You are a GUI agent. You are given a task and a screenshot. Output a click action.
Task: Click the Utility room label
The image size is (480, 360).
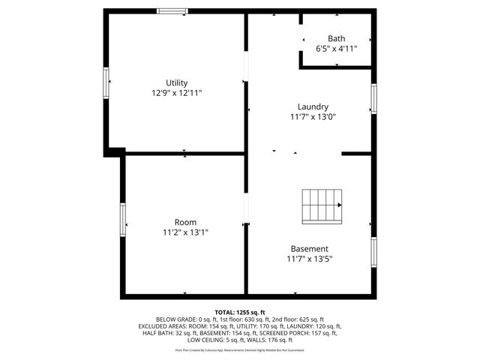tap(177, 82)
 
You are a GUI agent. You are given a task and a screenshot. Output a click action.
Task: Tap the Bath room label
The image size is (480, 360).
tap(336, 38)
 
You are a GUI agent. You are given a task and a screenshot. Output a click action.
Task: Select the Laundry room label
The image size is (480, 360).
tap(312, 106)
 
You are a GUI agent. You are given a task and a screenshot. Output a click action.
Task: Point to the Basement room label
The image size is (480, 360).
tap(309, 248)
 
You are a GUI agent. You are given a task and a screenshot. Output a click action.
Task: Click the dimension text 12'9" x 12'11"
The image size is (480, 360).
tap(177, 93)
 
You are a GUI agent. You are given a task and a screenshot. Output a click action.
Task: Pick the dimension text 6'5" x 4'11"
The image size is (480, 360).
tap(336, 49)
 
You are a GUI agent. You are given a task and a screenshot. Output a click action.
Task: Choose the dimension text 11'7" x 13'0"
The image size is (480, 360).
tap(312, 117)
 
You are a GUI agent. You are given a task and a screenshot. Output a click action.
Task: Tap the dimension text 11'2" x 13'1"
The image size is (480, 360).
tap(185, 232)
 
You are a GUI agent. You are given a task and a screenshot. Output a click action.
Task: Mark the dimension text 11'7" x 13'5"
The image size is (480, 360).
tap(309, 259)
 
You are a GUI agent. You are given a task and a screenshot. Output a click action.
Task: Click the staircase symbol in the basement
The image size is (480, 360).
tap(321, 205)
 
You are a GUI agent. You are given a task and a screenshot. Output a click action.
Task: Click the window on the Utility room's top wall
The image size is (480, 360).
tap(172, 10)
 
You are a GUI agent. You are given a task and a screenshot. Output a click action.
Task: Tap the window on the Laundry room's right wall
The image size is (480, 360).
tap(373, 98)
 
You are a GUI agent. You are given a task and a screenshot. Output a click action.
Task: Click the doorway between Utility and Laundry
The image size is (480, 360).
tap(246, 70)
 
